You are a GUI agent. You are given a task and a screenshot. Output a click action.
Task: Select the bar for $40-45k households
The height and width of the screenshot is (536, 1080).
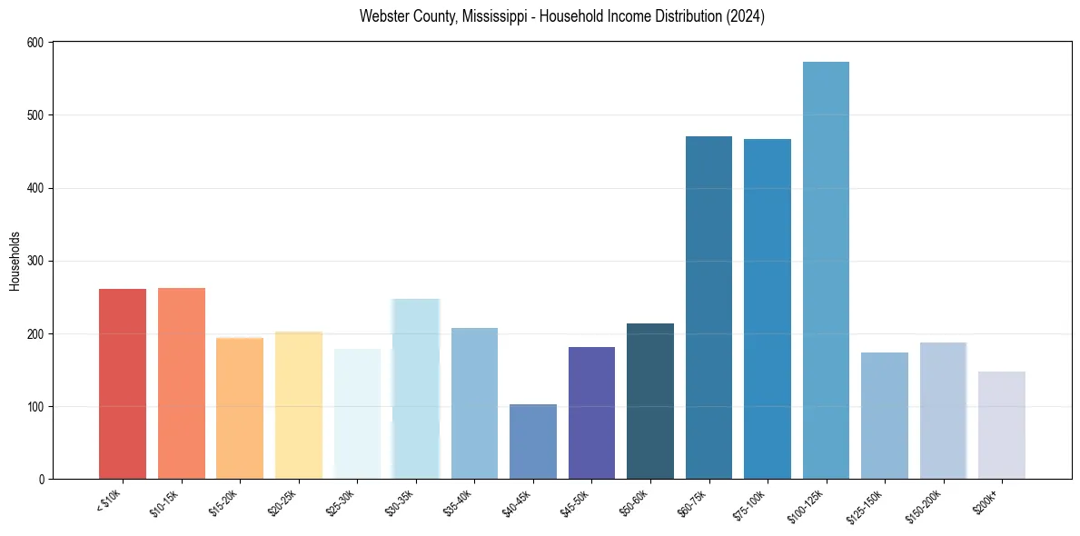(532, 442)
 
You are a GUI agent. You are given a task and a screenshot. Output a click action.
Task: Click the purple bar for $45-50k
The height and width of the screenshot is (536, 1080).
(591, 412)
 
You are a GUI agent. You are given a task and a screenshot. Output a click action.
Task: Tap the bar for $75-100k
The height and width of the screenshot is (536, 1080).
(768, 309)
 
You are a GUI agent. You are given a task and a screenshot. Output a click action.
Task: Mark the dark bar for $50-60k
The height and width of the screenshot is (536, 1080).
(650, 401)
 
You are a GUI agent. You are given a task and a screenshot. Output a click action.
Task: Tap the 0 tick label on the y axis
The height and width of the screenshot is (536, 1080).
(44, 479)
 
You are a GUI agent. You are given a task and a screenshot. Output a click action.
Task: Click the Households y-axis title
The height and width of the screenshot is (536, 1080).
(15, 261)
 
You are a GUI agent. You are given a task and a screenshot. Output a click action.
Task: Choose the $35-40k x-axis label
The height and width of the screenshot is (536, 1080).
(459, 502)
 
